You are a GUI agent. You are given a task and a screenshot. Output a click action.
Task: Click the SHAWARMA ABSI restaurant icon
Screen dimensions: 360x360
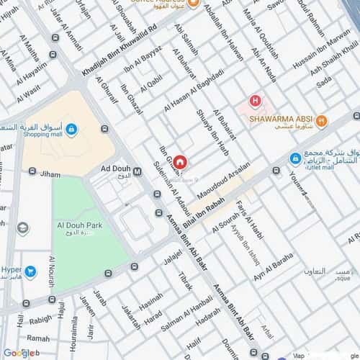[322, 121]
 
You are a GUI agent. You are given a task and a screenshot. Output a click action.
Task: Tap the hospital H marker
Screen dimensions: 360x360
[254, 102]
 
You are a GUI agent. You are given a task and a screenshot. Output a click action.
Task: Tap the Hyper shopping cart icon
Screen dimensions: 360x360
[30, 271]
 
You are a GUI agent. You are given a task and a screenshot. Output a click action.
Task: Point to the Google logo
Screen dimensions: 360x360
[19, 352]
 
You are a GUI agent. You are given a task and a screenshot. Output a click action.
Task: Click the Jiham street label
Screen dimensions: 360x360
[50, 174]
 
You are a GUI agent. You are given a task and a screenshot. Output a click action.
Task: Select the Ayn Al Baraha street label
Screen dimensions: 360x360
[273, 267]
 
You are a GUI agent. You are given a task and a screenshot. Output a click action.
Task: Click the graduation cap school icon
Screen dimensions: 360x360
[23, 228]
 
